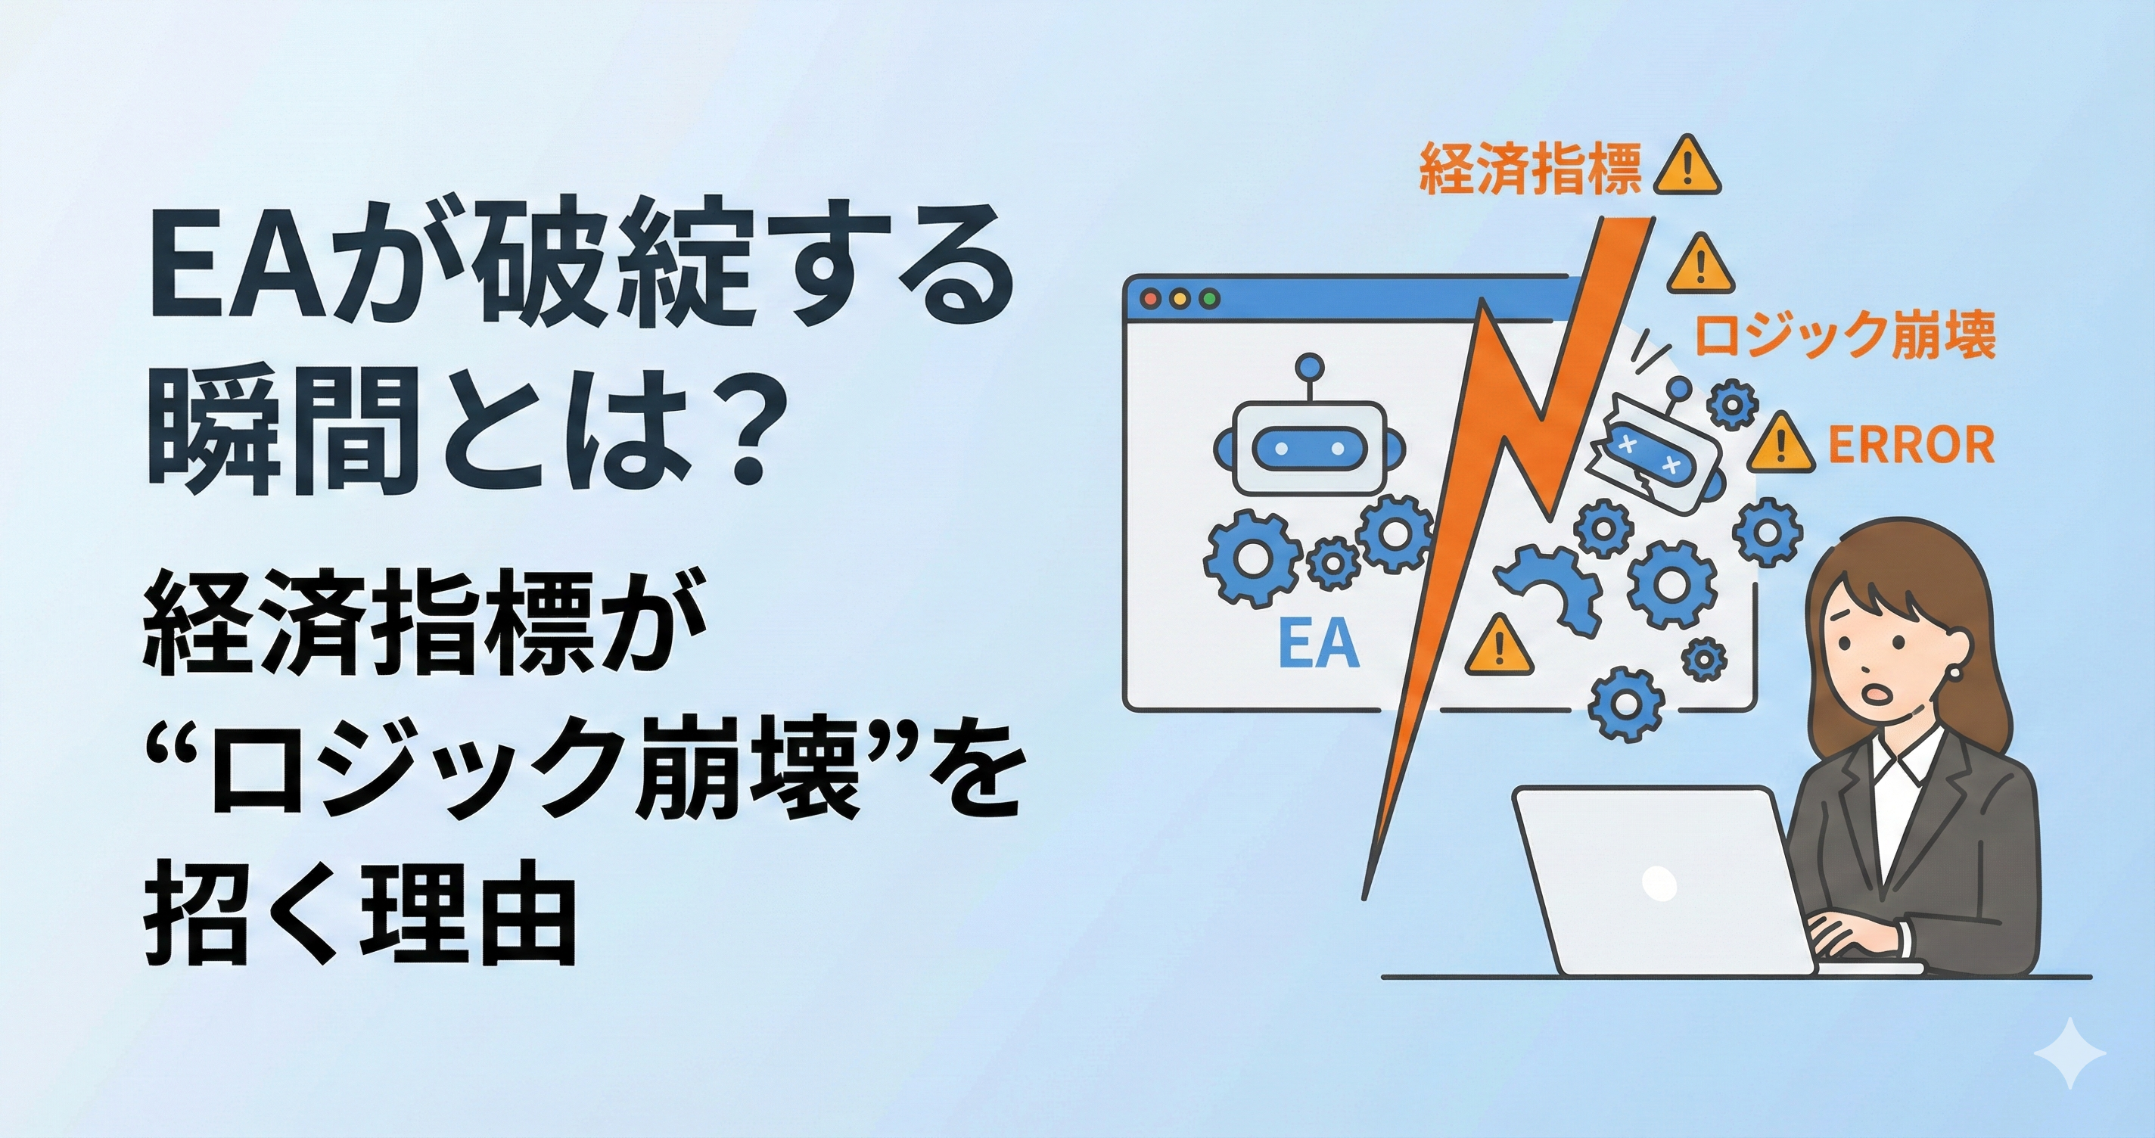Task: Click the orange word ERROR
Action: coord(1911,445)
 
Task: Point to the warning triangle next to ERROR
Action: coord(1780,443)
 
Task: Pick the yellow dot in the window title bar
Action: coord(1181,298)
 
